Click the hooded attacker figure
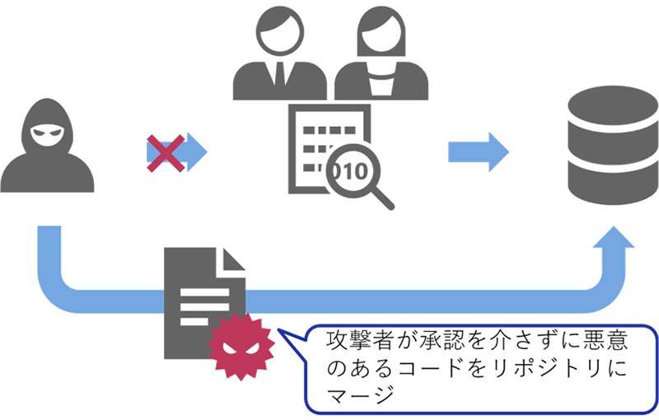pos(47,148)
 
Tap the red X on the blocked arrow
pos(165,153)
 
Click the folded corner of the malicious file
pos(234,261)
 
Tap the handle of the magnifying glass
pos(383,198)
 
